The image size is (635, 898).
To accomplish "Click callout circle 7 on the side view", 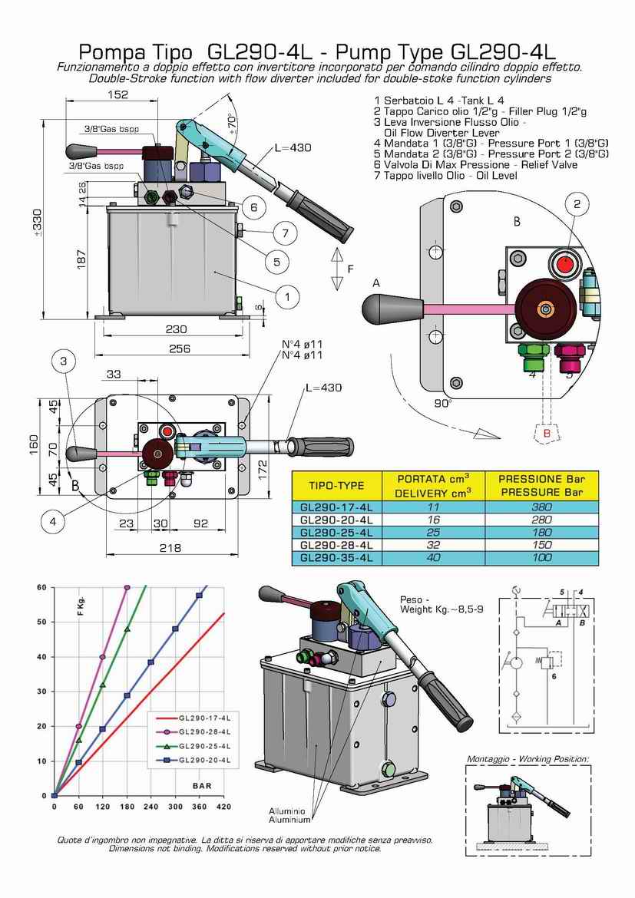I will coord(284,233).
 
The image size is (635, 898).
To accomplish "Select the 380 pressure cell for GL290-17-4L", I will coord(542,507).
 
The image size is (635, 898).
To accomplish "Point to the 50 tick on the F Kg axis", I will coord(40,622).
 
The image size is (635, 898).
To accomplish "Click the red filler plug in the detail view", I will coord(566,263).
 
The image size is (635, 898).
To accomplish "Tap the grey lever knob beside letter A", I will coord(382,309).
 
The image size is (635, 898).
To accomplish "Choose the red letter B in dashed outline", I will coord(547,433).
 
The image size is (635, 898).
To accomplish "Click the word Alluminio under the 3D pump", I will coord(287,811).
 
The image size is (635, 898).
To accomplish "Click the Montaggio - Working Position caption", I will coord(528,758).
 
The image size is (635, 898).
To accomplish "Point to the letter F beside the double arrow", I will coord(351,269).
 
